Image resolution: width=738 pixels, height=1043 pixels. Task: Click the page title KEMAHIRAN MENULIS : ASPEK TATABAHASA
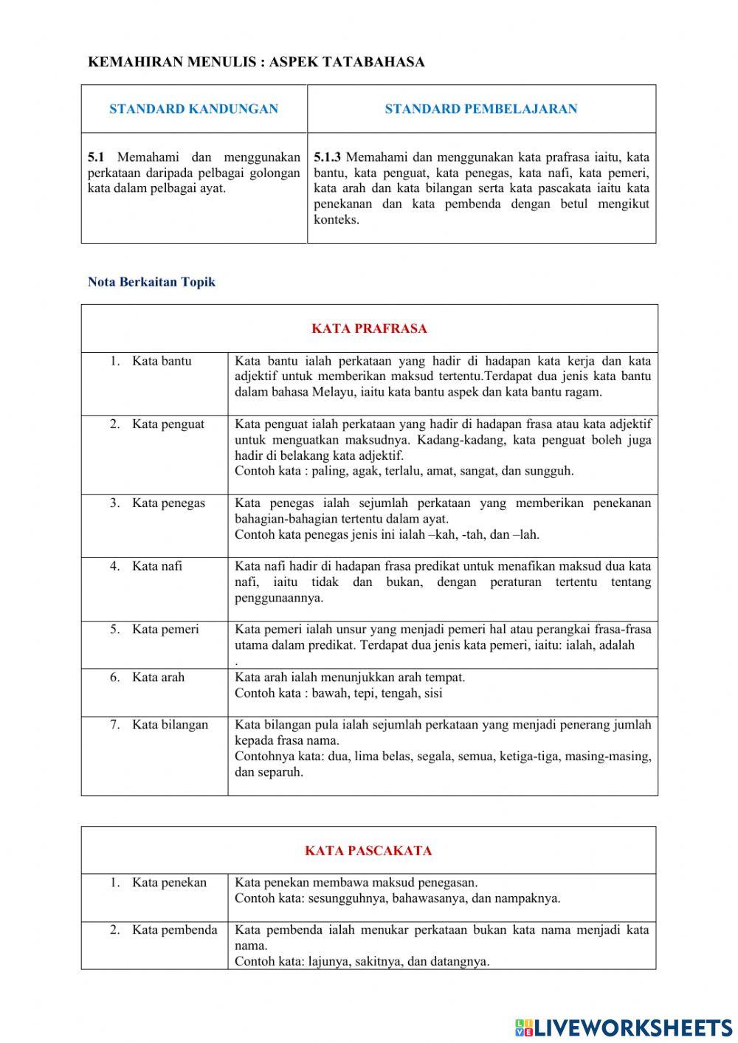pos(256,62)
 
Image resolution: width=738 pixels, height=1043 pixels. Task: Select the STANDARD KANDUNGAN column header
pos(193,109)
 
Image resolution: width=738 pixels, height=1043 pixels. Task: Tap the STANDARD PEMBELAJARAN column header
pos(481,109)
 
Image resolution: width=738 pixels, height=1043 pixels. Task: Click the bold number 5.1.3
pos(327,157)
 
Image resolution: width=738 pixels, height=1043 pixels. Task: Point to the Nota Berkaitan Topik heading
pos(151,282)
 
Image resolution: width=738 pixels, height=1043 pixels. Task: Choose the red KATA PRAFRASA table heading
pos(369,329)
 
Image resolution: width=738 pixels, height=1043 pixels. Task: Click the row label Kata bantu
pos(162,361)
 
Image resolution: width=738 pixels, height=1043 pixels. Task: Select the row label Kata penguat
pos(168,424)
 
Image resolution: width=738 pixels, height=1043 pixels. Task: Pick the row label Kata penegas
pos(168,503)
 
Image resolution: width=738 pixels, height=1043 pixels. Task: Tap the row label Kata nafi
pos(157,566)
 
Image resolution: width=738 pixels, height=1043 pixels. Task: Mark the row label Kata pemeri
pos(165,630)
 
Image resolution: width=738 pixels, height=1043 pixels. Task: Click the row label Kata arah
pos(158,677)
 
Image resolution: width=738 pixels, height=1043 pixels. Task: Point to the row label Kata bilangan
pos(170,725)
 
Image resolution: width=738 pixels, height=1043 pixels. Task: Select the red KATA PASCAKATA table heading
pos(368,850)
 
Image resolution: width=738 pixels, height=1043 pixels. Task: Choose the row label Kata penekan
pos(169,883)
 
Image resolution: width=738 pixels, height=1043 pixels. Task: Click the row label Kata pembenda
pos(174,930)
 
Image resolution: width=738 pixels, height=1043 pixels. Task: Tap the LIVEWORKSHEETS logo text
pos(632,1027)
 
